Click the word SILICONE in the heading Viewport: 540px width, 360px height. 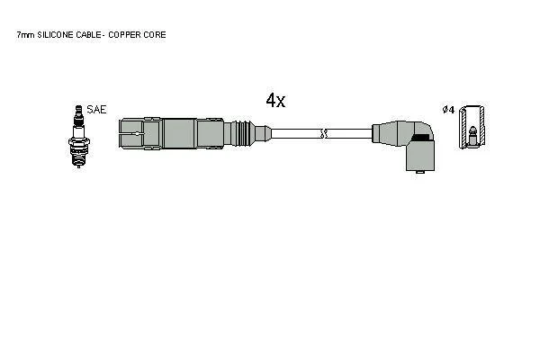(x=56, y=35)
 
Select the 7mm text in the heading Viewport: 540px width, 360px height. (x=26, y=35)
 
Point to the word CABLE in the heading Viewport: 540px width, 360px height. (x=88, y=35)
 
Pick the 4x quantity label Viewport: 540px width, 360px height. (x=275, y=100)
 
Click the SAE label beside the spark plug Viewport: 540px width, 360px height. (x=96, y=110)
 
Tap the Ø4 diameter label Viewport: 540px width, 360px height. (x=448, y=110)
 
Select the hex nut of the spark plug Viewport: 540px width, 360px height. (x=79, y=141)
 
